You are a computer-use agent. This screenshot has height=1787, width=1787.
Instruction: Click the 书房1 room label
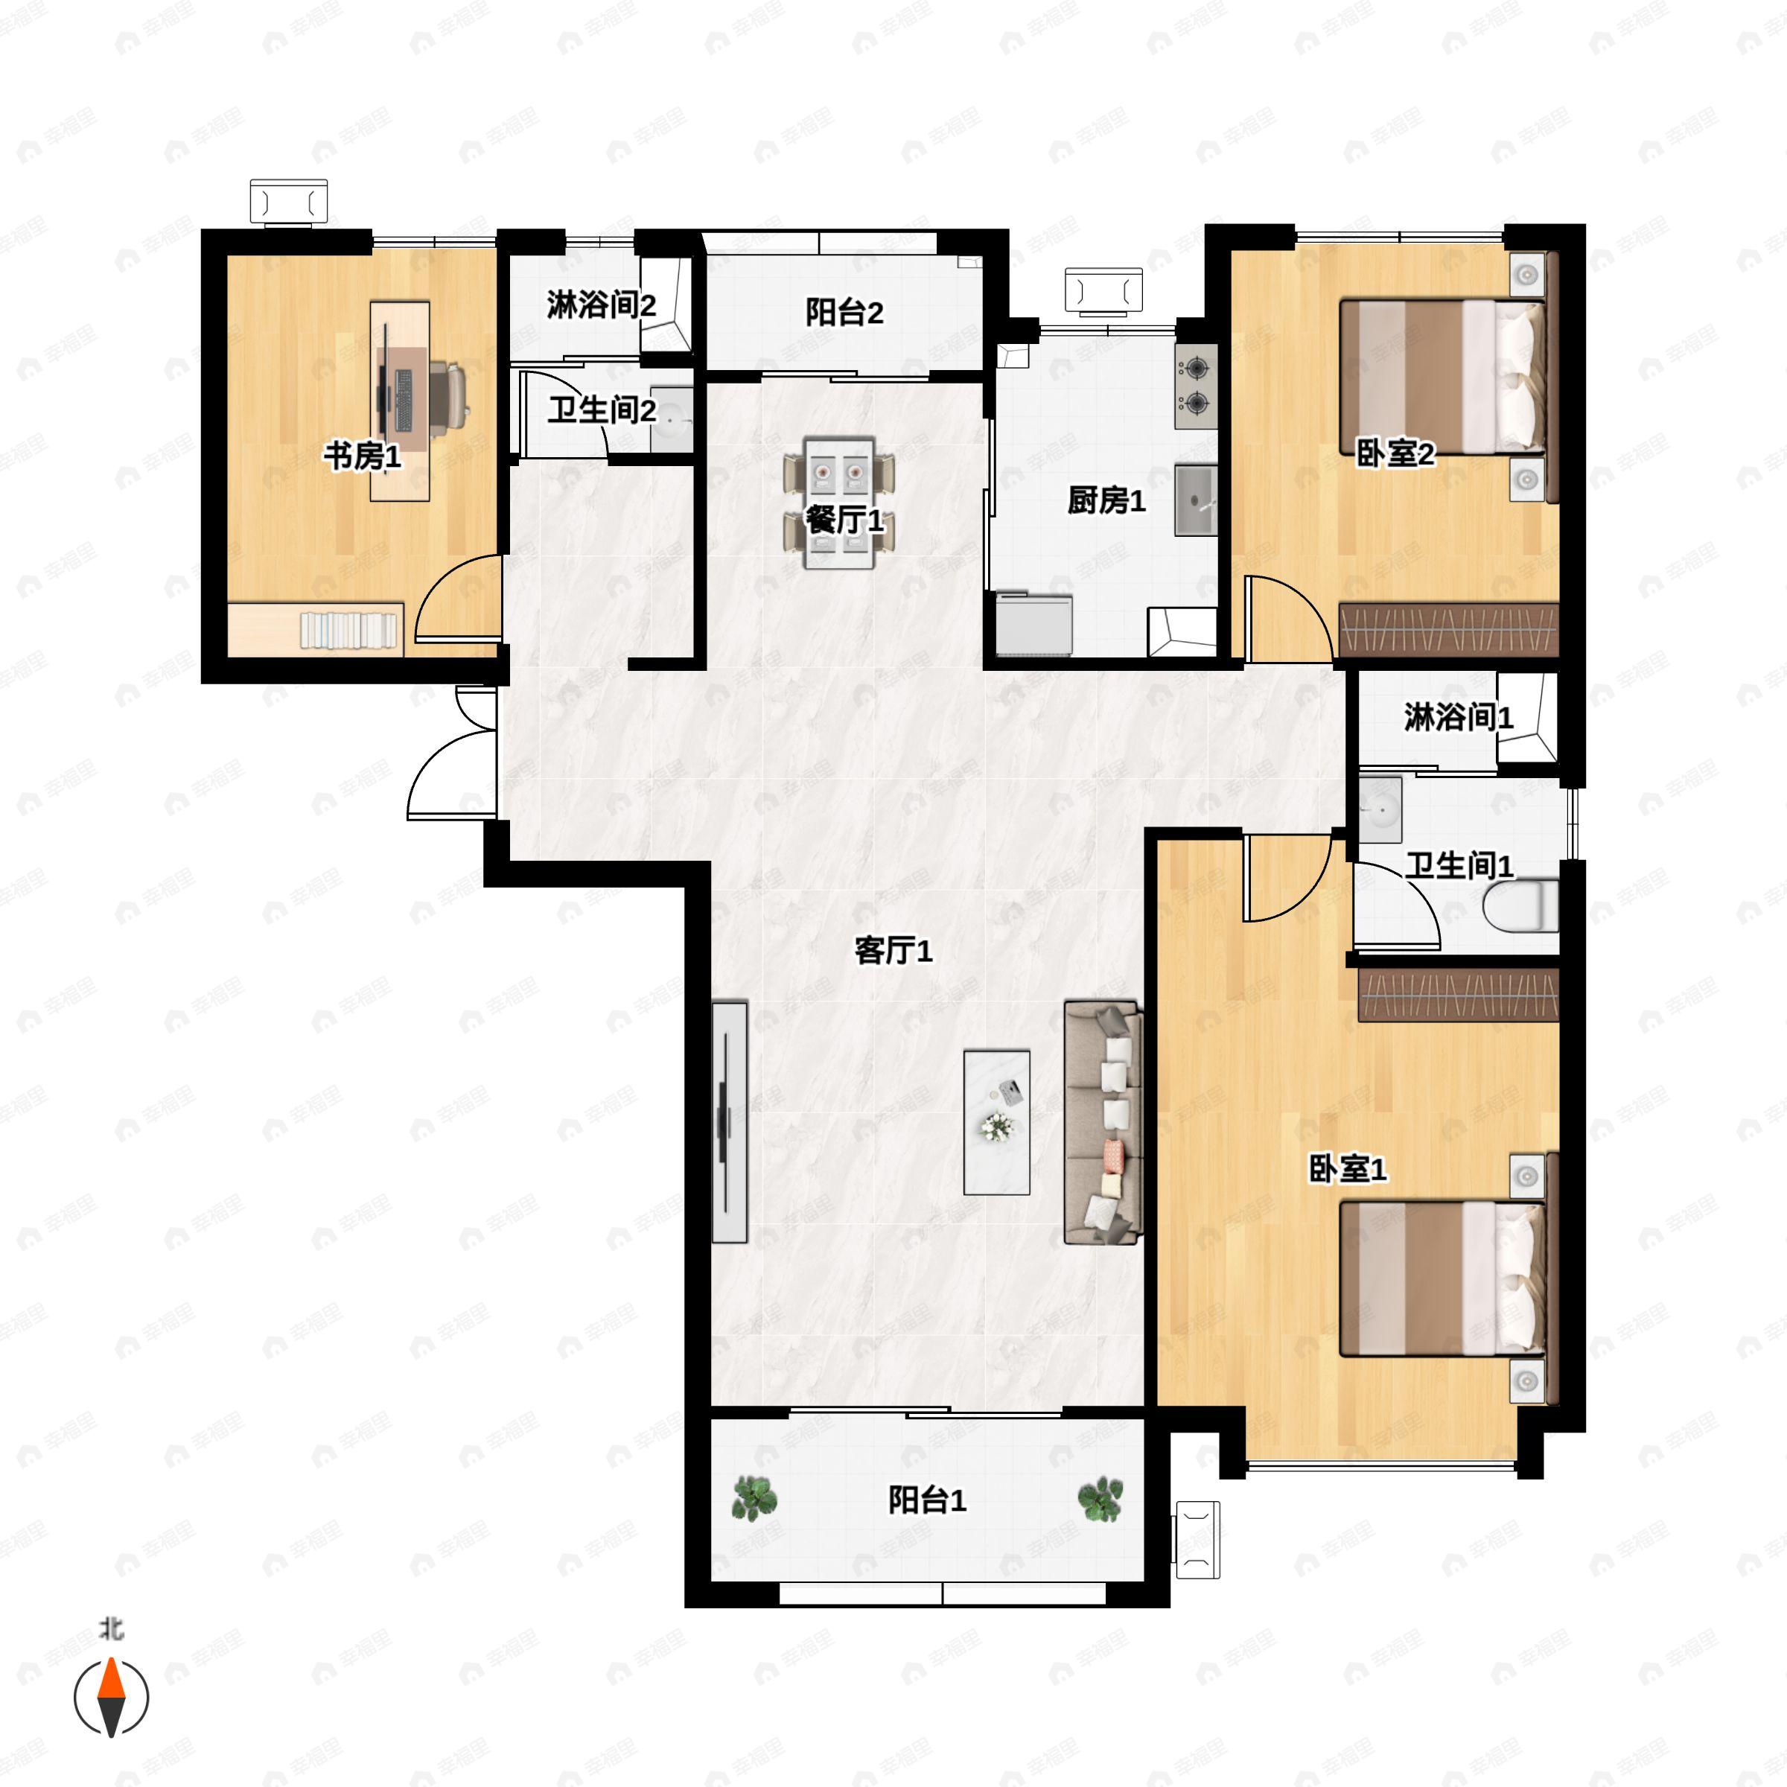pos(362,455)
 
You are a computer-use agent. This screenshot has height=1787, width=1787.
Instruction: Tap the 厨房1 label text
pos(1106,500)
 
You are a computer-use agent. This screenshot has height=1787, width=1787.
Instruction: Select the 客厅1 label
pos(893,950)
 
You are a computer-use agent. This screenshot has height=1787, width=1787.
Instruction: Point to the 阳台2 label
pos(844,313)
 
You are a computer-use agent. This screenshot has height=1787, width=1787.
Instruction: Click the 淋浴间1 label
pos(1458,717)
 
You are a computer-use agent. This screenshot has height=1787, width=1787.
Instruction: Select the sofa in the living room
pos(1103,1122)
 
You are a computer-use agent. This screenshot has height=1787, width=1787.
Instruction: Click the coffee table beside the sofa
pos(996,1122)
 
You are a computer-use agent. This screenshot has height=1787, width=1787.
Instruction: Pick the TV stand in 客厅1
pos(729,1121)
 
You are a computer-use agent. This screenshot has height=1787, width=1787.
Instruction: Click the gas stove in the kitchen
pos(1196,386)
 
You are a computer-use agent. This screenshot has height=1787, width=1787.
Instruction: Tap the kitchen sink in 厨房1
pos(1196,500)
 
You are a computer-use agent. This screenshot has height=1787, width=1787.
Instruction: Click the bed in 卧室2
pos(1443,375)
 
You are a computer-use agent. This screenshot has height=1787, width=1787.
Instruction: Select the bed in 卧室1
pos(1443,1279)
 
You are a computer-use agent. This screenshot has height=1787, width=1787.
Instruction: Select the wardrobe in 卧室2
pos(1448,630)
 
